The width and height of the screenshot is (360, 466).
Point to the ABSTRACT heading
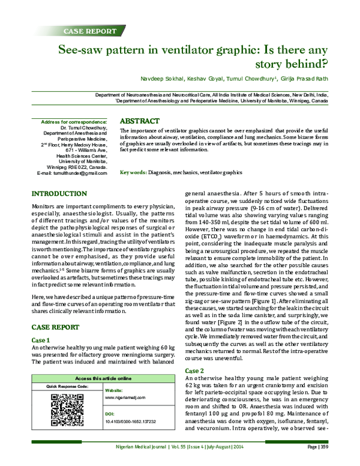[140, 121]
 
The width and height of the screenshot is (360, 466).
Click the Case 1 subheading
[40, 340]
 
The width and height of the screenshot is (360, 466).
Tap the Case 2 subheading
[195, 370]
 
